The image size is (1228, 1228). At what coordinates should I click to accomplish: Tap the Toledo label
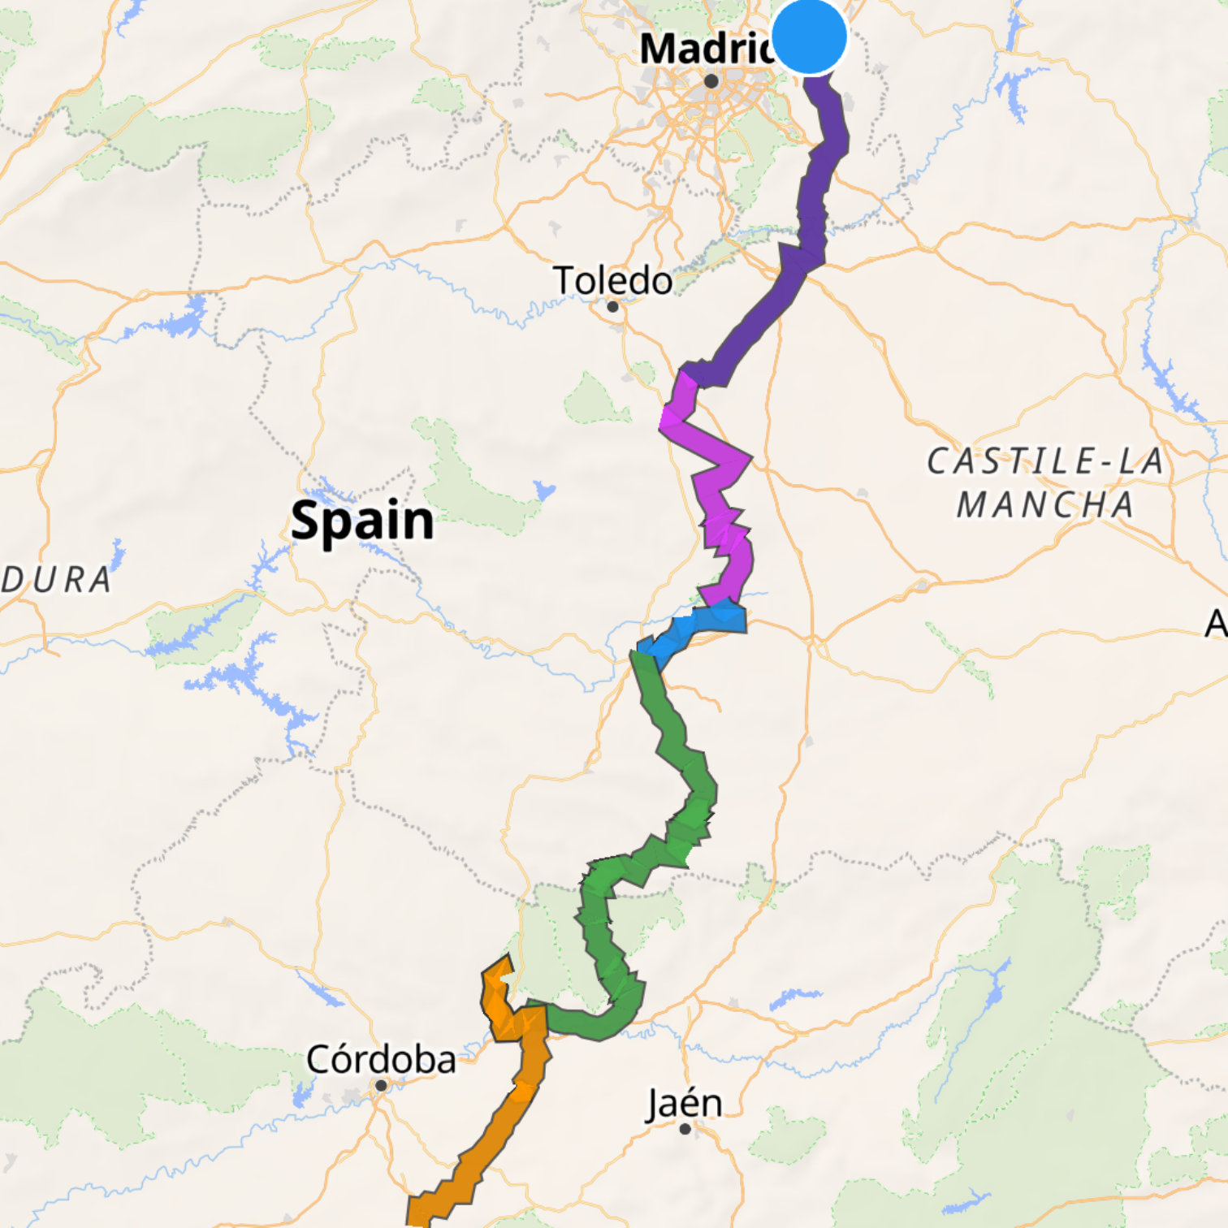[613, 281]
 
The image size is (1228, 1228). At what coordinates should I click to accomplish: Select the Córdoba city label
[381, 1059]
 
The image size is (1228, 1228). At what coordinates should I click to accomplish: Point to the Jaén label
[684, 1104]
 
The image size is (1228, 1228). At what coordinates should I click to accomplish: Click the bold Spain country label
[362, 521]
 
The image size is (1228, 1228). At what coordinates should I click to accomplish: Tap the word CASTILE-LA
[1046, 462]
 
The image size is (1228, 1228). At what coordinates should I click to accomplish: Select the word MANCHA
[1046, 505]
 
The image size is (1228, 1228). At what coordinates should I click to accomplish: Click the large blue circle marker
[809, 37]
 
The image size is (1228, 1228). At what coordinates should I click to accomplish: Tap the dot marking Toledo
[613, 307]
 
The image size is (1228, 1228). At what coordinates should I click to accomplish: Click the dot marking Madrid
[711, 81]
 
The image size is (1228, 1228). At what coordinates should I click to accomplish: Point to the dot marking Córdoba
[381, 1085]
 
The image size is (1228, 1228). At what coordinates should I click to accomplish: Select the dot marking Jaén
[685, 1129]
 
